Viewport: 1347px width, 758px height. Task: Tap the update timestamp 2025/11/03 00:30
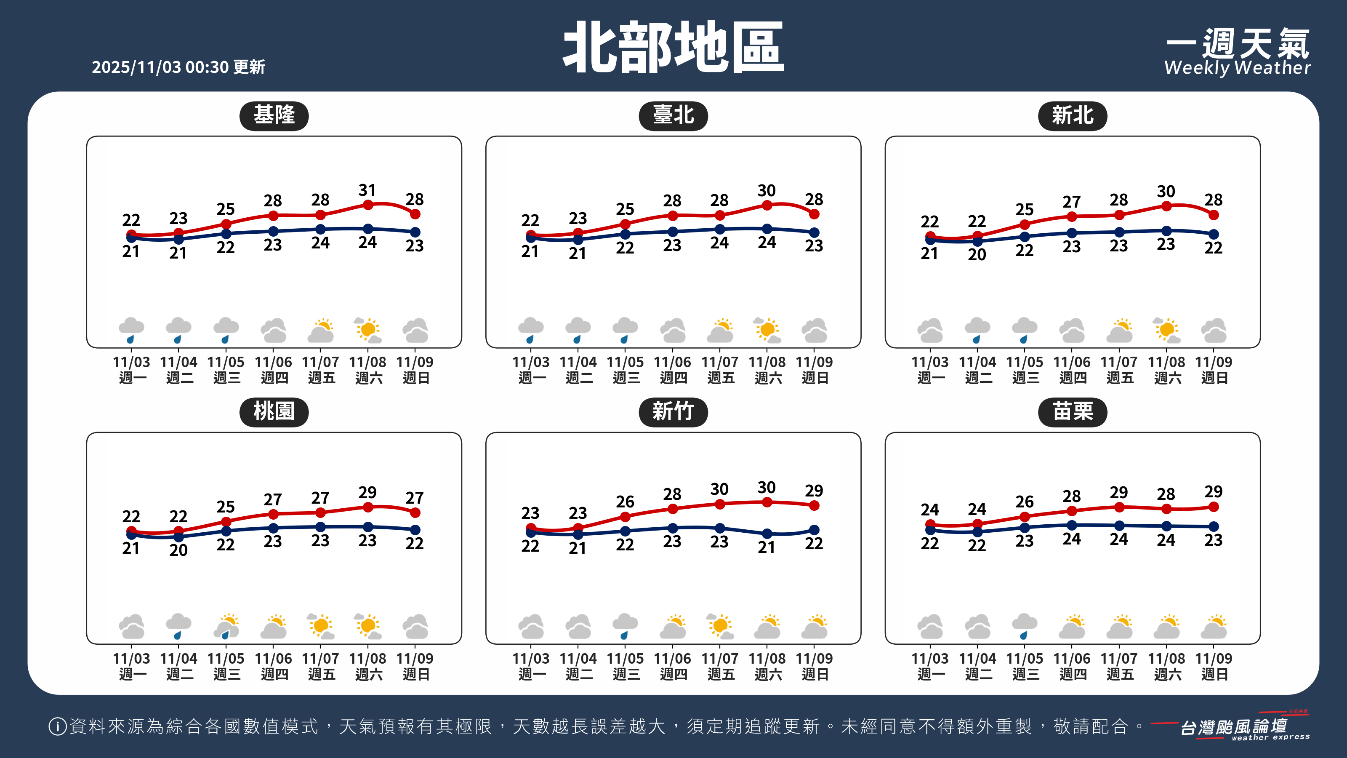click(160, 67)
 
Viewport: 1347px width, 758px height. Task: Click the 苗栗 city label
click(1072, 412)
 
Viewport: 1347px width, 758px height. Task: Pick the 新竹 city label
click(673, 412)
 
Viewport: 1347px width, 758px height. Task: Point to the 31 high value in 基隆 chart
click(367, 190)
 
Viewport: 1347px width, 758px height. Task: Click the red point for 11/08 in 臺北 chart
click(767, 206)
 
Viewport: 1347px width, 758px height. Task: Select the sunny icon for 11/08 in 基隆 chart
click(367, 330)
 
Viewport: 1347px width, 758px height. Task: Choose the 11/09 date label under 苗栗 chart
click(1214, 658)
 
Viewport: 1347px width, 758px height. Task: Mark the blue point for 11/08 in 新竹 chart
click(767, 534)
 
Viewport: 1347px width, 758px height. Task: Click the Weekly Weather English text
click(1237, 67)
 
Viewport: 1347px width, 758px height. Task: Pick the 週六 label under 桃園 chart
click(369, 674)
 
